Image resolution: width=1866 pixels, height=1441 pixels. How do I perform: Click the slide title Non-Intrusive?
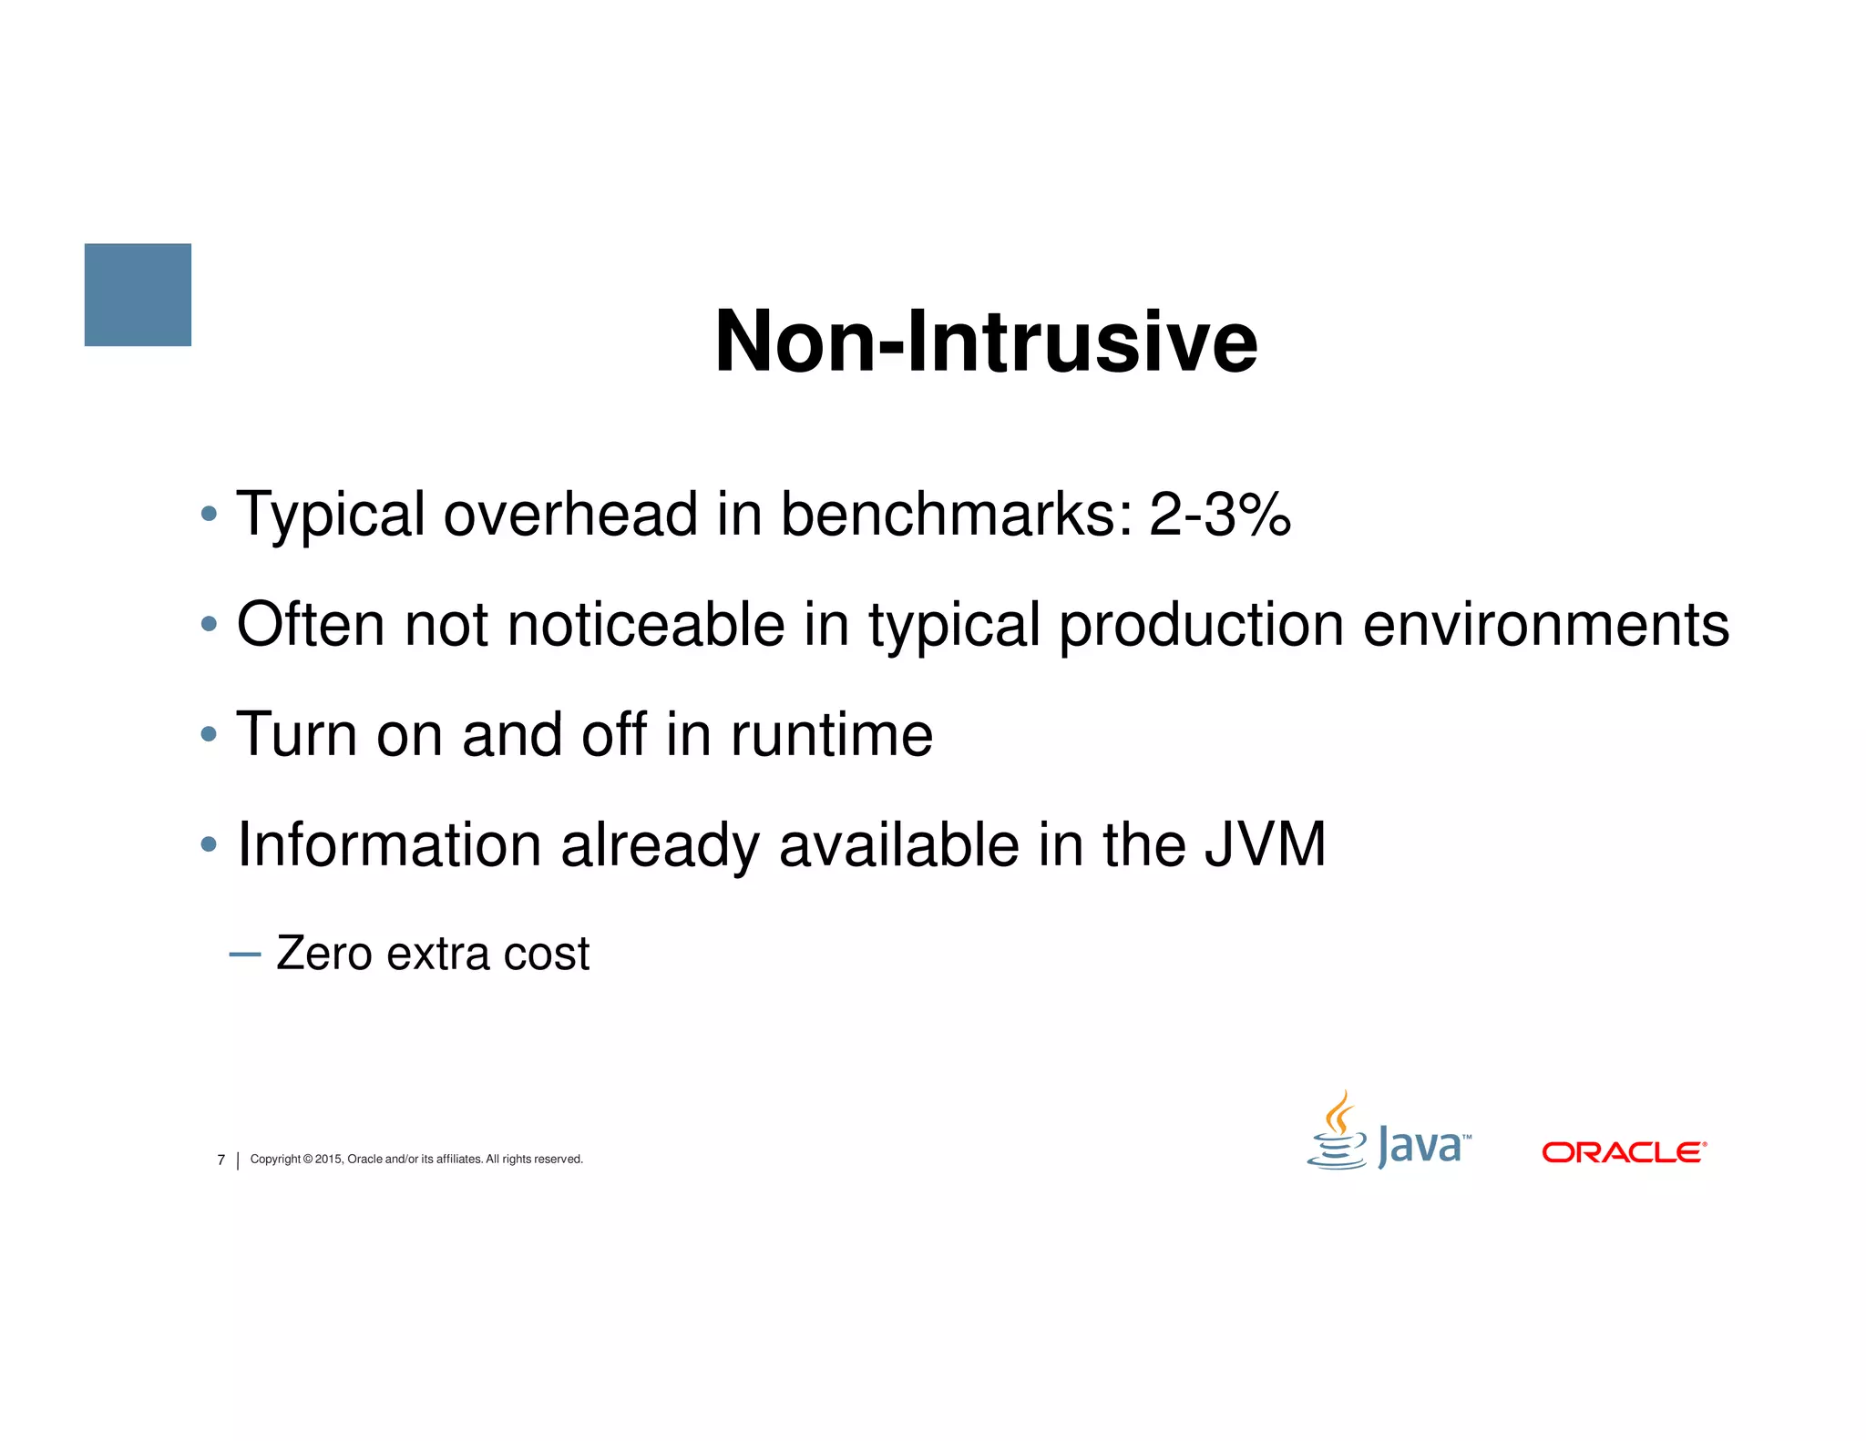click(x=986, y=342)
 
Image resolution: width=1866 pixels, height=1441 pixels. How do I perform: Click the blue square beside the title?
click(x=138, y=294)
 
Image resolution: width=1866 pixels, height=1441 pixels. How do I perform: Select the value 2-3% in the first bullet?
click(x=1220, y=515)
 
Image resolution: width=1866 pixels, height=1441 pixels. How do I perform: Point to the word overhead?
click(x=570, y=515)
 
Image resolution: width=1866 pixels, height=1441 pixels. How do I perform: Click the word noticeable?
click(x=645, y=625)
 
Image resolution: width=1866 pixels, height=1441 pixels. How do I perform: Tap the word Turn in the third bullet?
click(x=296, y=735)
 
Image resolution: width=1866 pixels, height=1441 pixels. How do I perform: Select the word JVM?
click(x=1265, y=844)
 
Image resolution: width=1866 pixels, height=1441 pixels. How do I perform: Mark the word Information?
click(x=388, y=844)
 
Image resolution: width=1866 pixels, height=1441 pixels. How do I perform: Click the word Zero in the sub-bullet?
click(x=323, y=954)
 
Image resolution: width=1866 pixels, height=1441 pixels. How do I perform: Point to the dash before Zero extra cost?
click(x=245, y=955)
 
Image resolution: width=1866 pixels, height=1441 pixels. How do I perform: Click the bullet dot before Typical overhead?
click(x=209, y=514)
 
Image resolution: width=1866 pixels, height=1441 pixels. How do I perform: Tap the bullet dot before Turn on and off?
click(x=209, y=734)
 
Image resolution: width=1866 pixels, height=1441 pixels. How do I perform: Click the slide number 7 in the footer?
click(x=220, y=1160)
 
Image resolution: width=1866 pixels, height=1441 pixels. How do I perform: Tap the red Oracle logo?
click(x=1624, y=1152)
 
